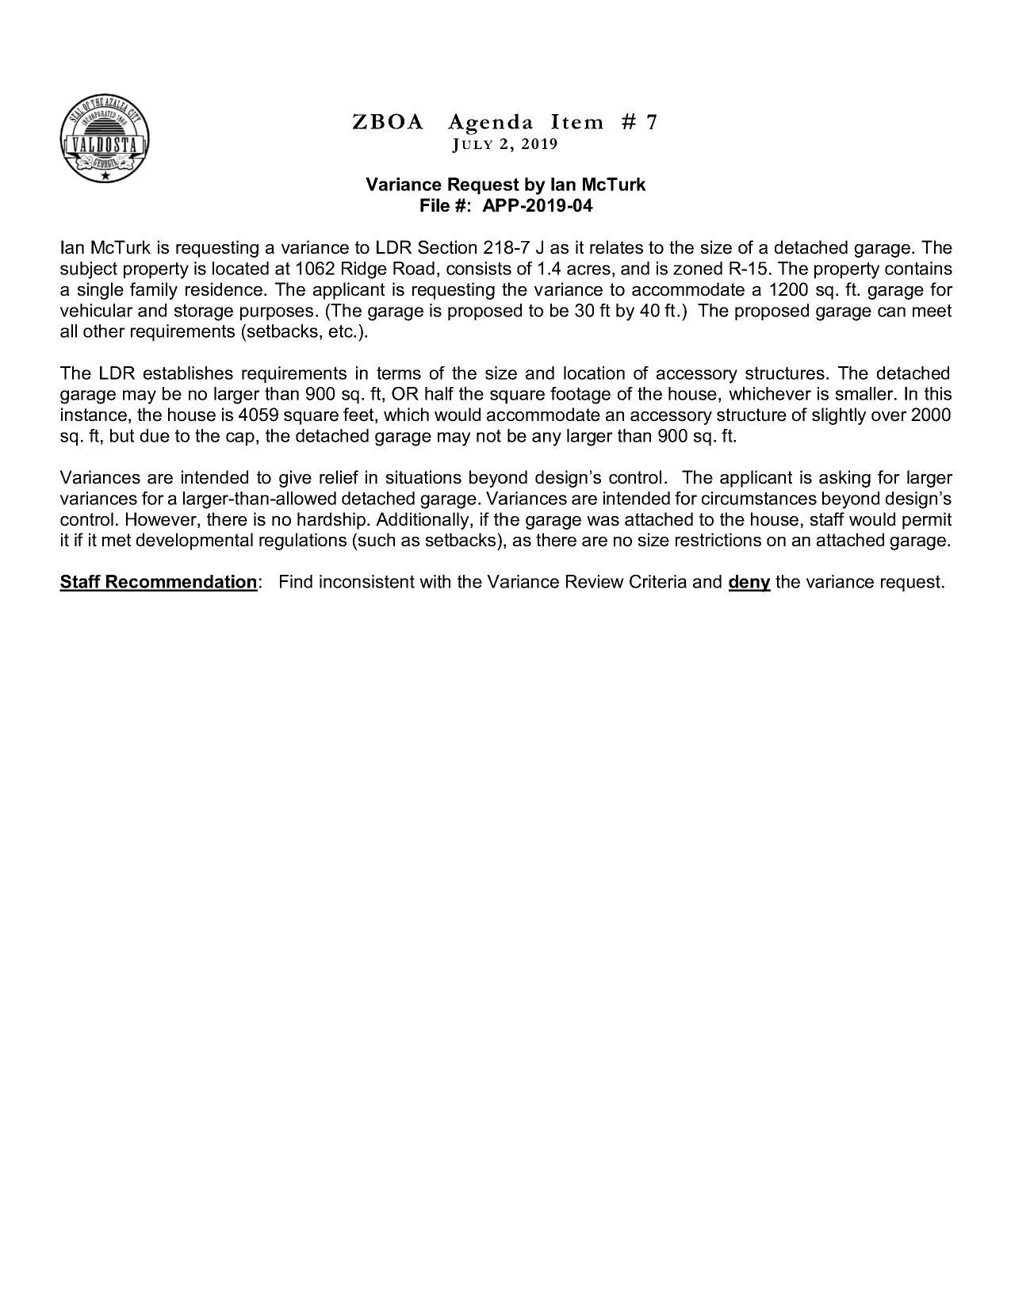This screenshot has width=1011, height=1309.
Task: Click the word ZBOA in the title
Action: point(388,122)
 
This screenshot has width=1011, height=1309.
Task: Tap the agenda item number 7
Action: point(651,122)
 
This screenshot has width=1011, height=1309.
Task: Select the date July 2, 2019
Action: point(505,144)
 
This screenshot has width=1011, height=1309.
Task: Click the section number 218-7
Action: point(507,247)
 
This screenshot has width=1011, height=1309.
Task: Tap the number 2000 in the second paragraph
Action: point(931,415)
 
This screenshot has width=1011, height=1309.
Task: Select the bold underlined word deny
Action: point(749,583)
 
